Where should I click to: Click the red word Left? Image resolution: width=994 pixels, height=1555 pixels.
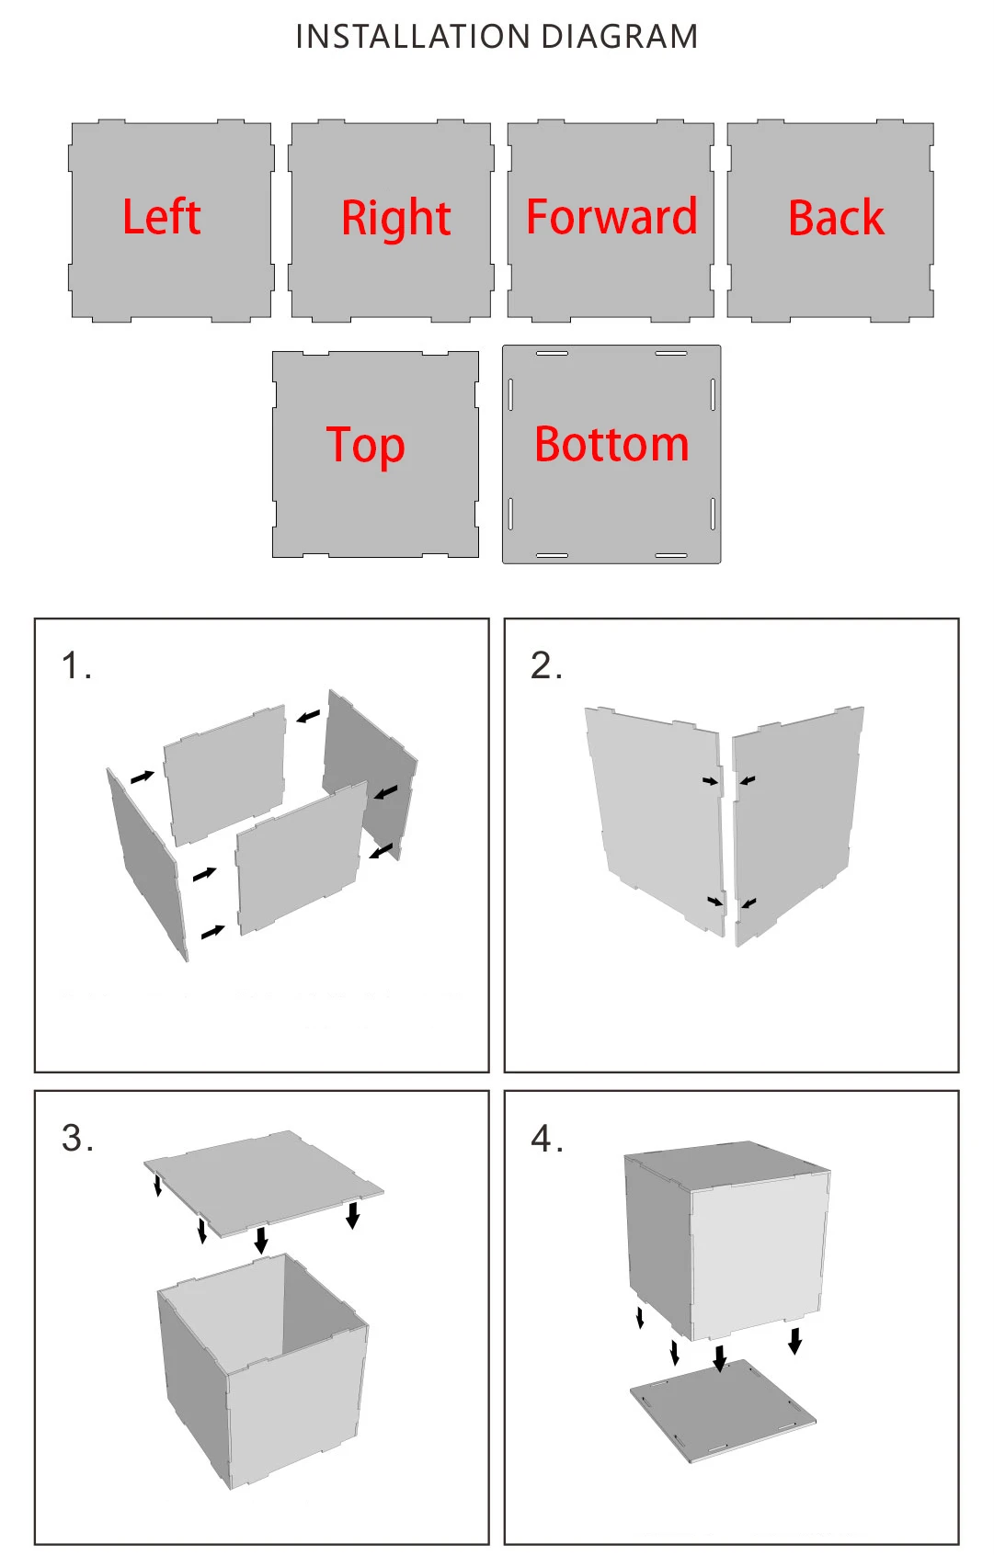[x=161, y=217]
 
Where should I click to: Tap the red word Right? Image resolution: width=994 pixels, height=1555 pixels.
[x=396, y=218]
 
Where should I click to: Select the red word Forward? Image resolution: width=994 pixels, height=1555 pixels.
[x=611, y=217]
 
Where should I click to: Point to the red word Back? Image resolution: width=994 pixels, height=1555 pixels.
[x=837, y=218]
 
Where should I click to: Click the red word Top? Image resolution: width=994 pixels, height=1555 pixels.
[x=365, y=446]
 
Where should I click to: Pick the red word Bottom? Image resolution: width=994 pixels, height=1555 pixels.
[x=611, y=444]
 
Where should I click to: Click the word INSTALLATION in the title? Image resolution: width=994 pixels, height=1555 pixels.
[x=413, y=37]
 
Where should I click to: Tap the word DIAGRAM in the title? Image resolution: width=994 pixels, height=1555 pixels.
[x=620, y=37]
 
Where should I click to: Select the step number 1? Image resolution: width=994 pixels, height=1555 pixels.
[x=75, y=665]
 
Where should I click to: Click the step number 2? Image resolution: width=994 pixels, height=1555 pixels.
[x=546, y=665]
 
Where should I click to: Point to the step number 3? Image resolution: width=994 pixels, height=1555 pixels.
[x=76, y=1139]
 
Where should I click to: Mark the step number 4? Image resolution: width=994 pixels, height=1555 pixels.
[x=547, y=1139]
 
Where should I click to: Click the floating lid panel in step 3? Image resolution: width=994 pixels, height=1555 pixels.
[x=263, y=1182]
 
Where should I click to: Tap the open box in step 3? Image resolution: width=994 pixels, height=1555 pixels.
[x=263, y=1371]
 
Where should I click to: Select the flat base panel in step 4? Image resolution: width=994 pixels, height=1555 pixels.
[x=723, y=1409]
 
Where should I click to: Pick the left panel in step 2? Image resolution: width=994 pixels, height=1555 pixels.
[x=655, y=819]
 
